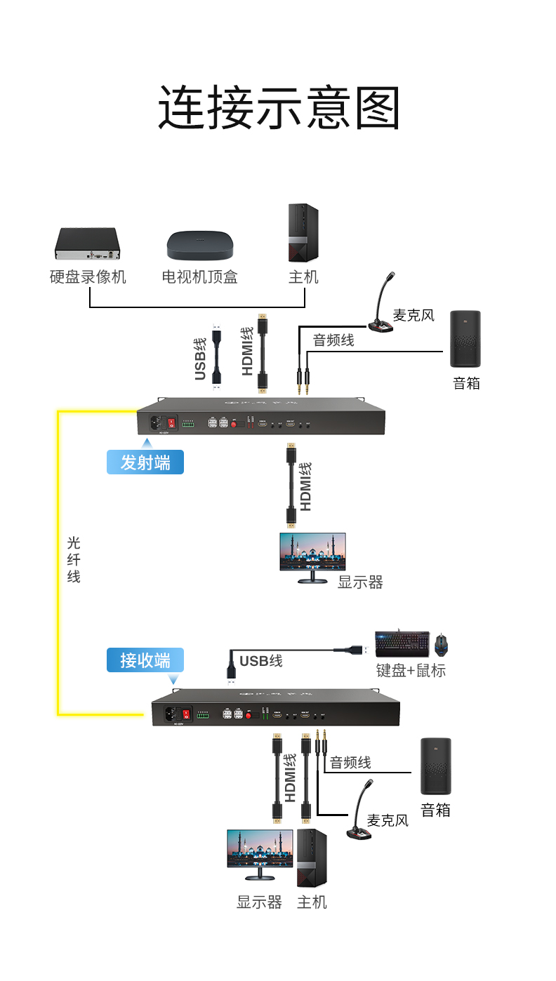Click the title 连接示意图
(279, 108)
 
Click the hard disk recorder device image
(87, 243)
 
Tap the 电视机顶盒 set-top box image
(199, 245)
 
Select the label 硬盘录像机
(88, 277)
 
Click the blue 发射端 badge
(145, 462)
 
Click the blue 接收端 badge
(145, 660)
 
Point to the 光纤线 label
(74, 559)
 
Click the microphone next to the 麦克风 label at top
(382, 308)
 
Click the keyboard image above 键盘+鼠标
(402, 643)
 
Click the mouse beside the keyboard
(442, 643)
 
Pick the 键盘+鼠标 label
(411, 670)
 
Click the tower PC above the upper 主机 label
(303, 233)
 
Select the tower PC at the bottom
(312, 858)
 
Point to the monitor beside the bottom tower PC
(259, 853)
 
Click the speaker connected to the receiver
(435, 766)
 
